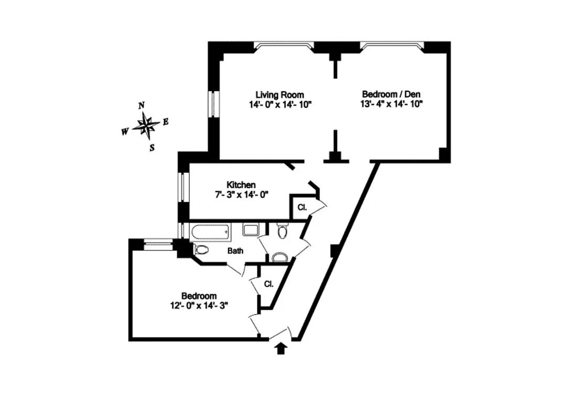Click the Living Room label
(279, 94)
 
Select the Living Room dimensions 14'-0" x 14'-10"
(280, 104)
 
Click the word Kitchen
(241, 185)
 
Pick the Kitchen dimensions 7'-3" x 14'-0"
(241, 194)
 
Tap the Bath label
(235, 251)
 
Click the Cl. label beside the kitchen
(302, 207)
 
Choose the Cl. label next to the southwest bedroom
(268, 284)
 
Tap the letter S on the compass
(152, 148)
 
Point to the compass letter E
(166, 122)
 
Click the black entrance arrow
(281, 348)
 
